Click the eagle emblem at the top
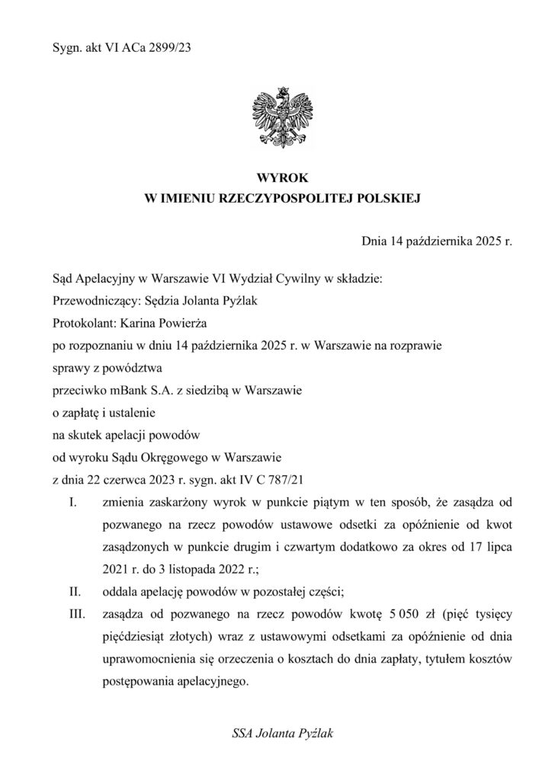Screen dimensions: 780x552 click(x=275, y=119)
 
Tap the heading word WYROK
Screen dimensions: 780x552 click(x=276, y=177)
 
